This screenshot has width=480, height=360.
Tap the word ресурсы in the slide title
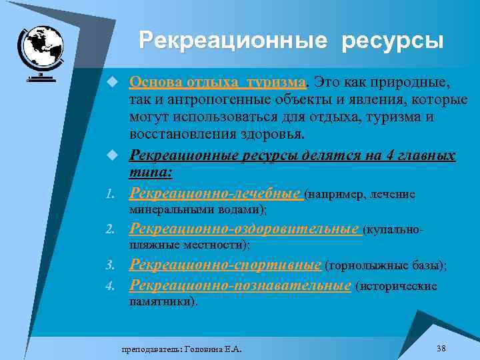(x=393, y=41)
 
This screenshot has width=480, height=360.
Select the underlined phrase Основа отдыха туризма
(x=217, y=83)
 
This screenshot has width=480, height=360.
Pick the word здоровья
(x=273, y=134)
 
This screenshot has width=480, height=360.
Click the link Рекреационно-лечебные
(x=215, y=193)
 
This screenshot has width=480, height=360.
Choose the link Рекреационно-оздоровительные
(x=244, y=229)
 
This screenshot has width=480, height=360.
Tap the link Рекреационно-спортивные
(x=225, y=264)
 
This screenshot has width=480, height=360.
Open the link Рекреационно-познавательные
(x=240, y=285)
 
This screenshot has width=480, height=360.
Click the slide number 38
(x=441, y=348)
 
